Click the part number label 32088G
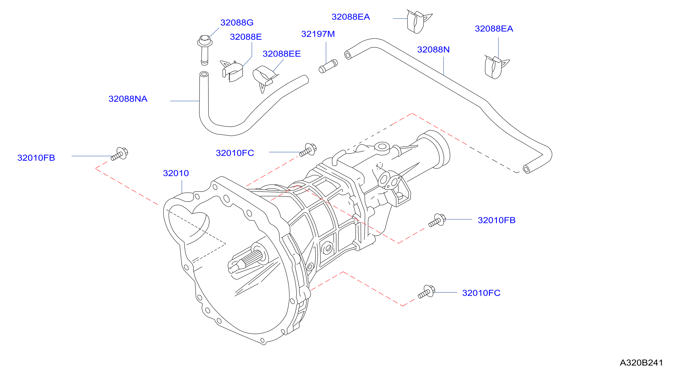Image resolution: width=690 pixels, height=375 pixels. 237,22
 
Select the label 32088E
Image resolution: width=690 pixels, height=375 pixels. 246,37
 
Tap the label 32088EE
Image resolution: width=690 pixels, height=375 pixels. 281,54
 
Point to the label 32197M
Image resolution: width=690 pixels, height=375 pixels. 318,34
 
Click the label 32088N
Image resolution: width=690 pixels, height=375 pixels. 433,50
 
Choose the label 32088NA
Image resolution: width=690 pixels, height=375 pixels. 128,99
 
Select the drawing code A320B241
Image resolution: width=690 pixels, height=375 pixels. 641,363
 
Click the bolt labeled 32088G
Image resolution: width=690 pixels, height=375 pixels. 205,50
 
